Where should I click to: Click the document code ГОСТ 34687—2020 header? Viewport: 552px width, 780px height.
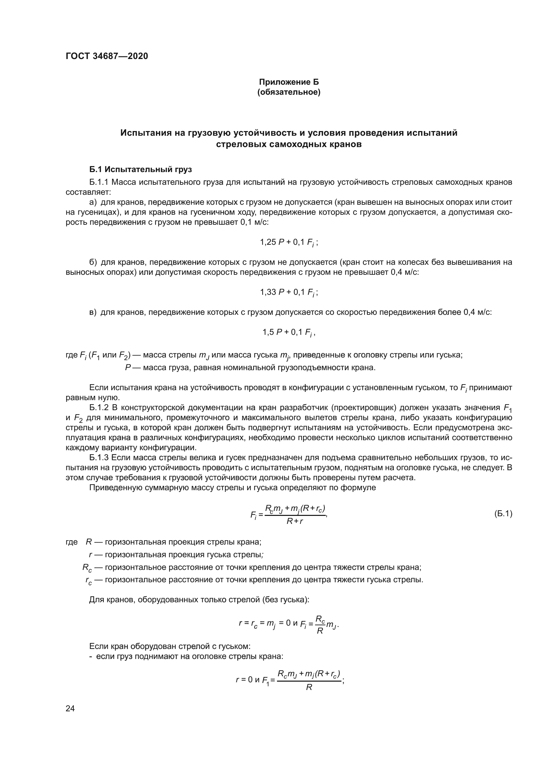pyautogui.click(x=107, y=56)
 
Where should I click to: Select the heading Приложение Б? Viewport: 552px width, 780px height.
pyautogui.click(x=289, y=82)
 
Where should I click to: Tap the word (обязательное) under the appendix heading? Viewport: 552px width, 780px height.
pyautogui.click(x=289, y=92)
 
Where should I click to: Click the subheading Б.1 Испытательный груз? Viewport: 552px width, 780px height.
pyautogui.click(x=141, y=169)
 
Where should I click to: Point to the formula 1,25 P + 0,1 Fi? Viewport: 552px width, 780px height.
pyautogui.click(x=289, y=242)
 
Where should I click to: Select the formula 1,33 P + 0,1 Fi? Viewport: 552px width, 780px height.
pyautogui.click(x=289, y=292)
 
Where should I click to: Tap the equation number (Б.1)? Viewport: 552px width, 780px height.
pyautogui.click(x=503, y=514)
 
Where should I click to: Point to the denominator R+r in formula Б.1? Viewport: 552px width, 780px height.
pyautogui.click(x=295, y=521)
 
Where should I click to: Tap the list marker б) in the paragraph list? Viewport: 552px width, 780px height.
pyautogui.click(x=93, y=262)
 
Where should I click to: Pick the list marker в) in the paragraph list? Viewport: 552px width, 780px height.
pyautogui.click(x=93, y=312)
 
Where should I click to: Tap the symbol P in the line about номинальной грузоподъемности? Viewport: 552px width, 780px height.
pyautogui.click(x=128, y=367)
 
